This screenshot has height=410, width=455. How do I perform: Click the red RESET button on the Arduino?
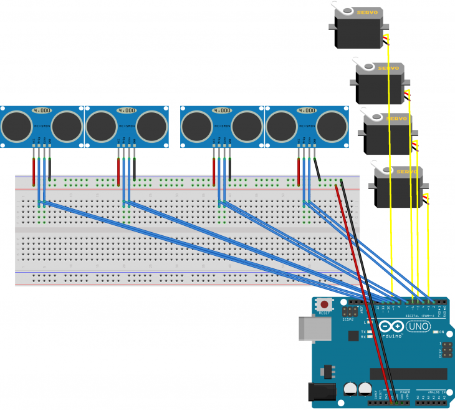coord(324,305)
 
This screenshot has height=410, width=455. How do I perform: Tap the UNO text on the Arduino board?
coord(418,326)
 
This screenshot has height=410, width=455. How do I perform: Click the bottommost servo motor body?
coord(398,190)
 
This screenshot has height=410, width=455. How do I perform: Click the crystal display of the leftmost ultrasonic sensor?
coord(42,110)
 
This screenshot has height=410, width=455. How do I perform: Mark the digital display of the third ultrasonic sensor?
coord(221,110)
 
